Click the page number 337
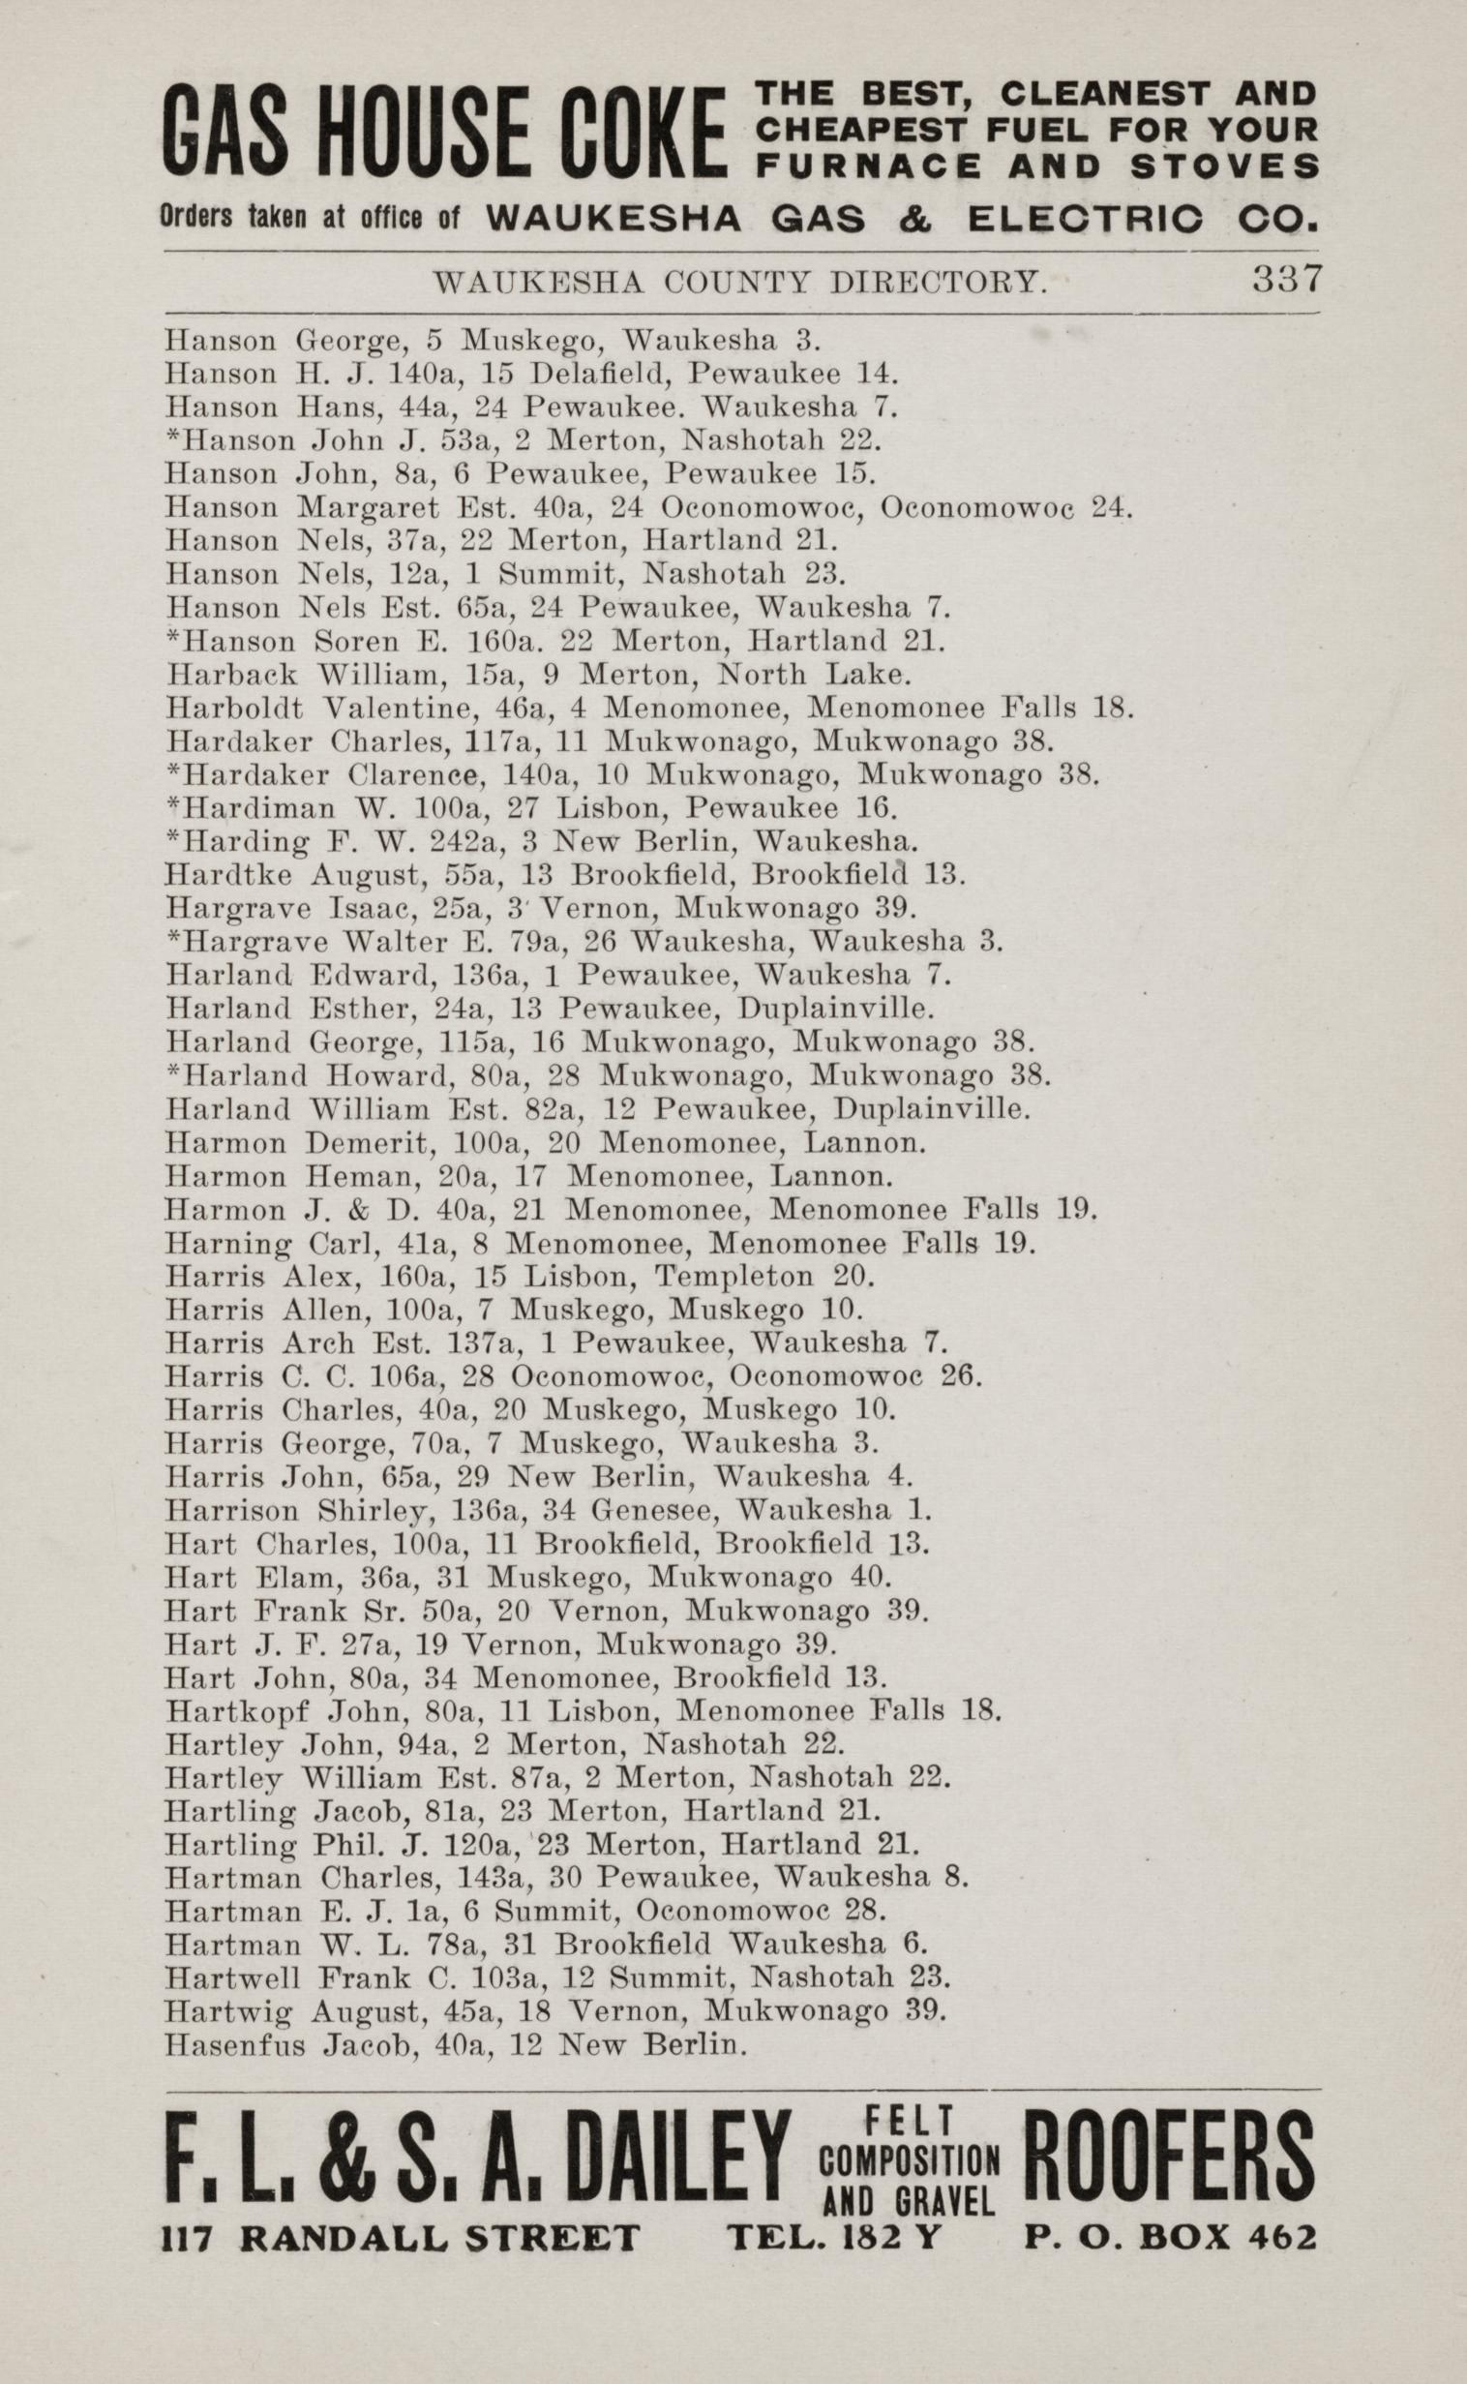1287,280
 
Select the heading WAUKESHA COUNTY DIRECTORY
739,283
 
